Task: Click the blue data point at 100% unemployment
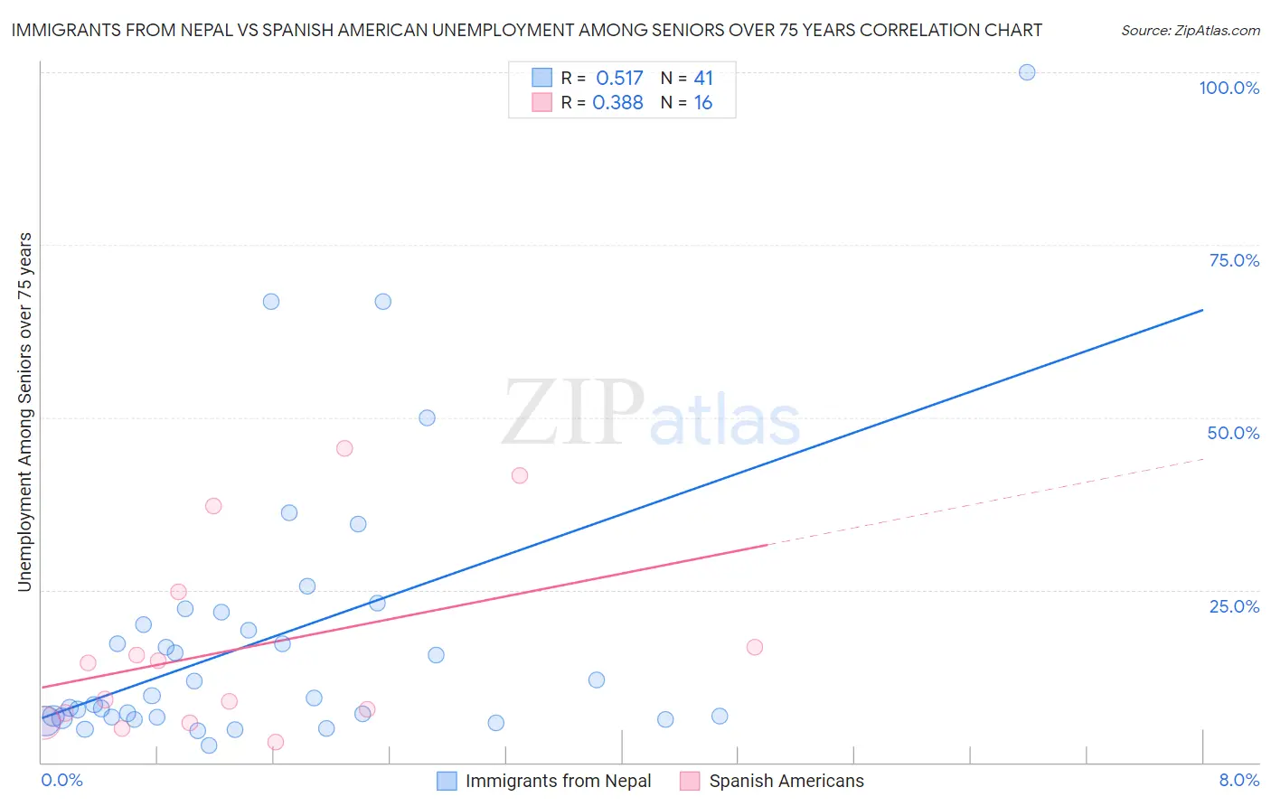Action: (x=1027, y=72)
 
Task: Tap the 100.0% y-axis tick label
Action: (x=1229, y=88)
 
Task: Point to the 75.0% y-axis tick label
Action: (x=1234, y=260)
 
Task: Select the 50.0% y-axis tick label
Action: (x=1233, y=433)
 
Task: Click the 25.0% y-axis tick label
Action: (x=1234, y=605)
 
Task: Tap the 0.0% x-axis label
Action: (x=61, y=780)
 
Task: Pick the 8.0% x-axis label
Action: (x=1238, y=780)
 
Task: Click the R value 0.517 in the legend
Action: (x=619, y=79)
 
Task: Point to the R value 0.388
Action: (x=617, y=103)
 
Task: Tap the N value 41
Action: (x=703, y=79)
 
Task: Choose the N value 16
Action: (x=703, y=103)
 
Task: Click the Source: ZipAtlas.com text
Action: (x=1190, y=31)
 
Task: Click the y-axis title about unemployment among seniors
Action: (x=24, y=412)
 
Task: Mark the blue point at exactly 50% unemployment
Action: (x=427, y=417)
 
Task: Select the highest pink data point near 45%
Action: (x=344, y=448)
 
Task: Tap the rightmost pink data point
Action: (x=755, y=647)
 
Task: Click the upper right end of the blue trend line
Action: (x=1202, y=310)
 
